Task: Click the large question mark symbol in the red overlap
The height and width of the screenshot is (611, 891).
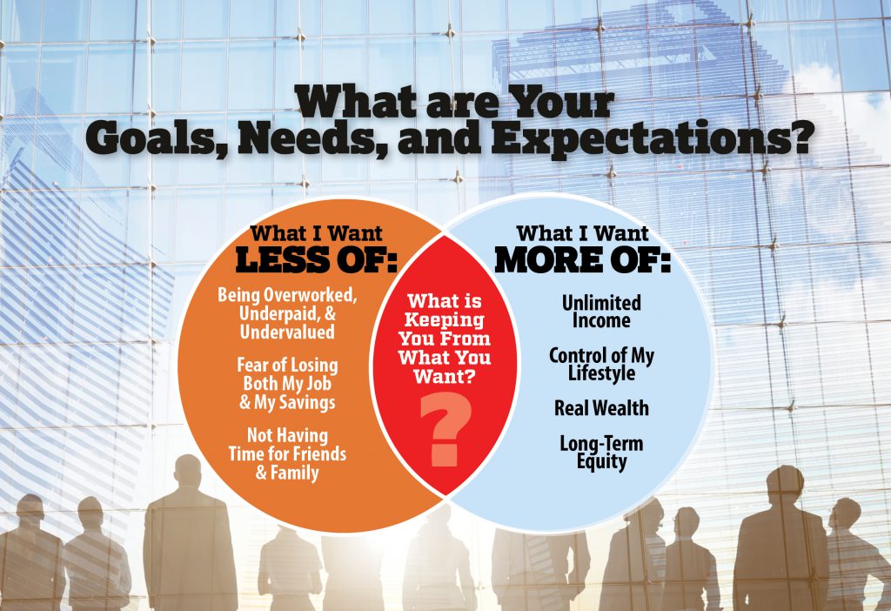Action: (445, 429)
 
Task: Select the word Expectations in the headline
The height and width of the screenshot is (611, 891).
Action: (650, 138)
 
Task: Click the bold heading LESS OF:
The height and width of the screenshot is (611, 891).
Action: (316, 259)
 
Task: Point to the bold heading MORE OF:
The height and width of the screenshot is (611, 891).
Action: (582, 259)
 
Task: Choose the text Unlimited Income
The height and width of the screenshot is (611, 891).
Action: (601, 312)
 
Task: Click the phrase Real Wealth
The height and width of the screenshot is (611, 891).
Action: (601, 408)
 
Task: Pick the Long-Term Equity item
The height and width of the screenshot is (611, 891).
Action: (601, 453)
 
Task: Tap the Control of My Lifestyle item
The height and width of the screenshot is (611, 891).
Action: (601, 365)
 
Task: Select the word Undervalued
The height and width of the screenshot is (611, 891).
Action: (287, 332)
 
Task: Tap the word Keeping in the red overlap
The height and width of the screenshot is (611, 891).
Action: (445, 320)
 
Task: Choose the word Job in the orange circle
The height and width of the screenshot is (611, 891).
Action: (318, 384)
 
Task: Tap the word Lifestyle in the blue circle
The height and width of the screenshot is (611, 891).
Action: (601, 374)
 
